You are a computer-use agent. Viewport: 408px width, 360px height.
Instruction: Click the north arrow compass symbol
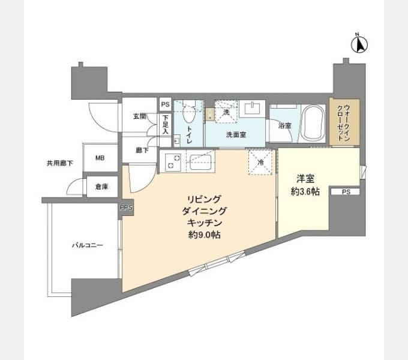coord(359,44)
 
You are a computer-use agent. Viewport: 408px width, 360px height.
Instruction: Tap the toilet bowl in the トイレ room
coord(189,113)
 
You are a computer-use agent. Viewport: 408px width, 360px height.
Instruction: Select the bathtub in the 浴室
coord(313,123)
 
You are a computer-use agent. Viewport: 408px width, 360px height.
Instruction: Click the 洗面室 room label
coord(236,135)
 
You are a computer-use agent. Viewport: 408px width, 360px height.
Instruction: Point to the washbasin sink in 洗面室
coord(252,109)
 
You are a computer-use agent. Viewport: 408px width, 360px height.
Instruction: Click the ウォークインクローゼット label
coord(343,122)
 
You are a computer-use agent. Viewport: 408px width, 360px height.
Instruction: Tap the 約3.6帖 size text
coord(305,192)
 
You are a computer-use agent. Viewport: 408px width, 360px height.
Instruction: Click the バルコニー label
coord(88,245)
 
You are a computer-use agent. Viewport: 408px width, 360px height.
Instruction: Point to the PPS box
coord(126,208)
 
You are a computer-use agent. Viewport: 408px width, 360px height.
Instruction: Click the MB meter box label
coord(100,158)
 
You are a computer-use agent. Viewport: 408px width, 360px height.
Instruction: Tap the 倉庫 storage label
coord(101,187)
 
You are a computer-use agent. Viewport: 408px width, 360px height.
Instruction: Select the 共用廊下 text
coord(59,164)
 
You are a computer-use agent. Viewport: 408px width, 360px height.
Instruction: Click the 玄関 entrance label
coord(140,116)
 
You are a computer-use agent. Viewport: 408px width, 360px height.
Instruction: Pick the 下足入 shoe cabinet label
coord(166,125)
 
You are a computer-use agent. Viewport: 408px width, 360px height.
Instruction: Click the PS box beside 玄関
coord(165,104)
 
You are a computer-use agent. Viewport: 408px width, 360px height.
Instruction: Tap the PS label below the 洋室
coord(346,192)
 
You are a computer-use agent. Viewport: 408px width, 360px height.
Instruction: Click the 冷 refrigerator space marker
coord(260,163)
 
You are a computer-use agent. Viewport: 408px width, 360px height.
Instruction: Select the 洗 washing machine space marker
coord(226,112)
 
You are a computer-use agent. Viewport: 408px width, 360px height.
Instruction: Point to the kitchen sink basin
coord(200,162)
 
